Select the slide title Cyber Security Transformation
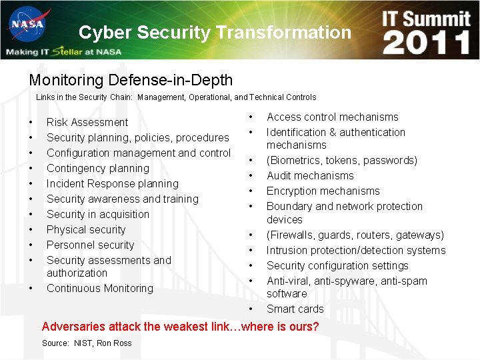tap(214, 32)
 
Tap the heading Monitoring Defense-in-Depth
tap(131, 81)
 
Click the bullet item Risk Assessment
tap(87, 122)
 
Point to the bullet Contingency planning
tap(98, 168)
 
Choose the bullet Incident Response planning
tap(113, 183)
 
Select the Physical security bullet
tap(86, 229)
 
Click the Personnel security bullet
tap(90, 245)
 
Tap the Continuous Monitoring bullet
tap(100, 288)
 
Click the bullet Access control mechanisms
tap(332, 117)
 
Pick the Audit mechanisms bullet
tap(310, 175)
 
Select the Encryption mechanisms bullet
tap(323, 191)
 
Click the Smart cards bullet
tap(295, 309)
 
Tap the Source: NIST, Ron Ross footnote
tap(87, 343)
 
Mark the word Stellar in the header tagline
tap(67, 51)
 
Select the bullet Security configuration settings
tap(337, 265)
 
